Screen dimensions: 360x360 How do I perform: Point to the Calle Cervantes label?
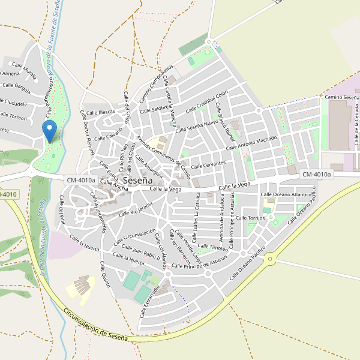pyautogui.click(x=208, y=164)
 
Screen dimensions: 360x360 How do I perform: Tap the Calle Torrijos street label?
pyautogui.click(x=251, y=218)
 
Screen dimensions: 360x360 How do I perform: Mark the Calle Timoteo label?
pyautogui.click(x=213, y=247)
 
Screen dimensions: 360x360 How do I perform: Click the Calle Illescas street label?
pyautogui.click(x=100, y=112)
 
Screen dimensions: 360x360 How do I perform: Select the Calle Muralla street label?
pyautogui.click(x=25, y=70)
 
